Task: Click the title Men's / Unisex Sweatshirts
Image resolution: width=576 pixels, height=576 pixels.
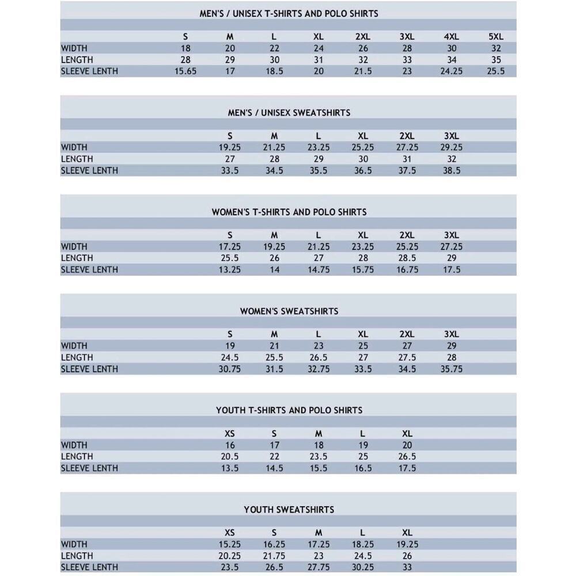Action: pos(289,113)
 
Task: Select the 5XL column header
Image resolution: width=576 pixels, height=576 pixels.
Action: pos(495,37)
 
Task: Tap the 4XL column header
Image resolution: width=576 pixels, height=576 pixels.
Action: pos(451,37)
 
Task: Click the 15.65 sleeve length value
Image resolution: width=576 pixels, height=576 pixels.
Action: pos(185,71)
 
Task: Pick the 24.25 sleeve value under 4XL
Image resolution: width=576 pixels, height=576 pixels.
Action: pos(451,71)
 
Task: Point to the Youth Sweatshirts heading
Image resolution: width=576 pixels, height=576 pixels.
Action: pos(289,510)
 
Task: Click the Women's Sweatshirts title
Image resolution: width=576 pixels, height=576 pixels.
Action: pos(289,311)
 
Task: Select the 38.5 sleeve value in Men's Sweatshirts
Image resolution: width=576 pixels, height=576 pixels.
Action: pos(451,170)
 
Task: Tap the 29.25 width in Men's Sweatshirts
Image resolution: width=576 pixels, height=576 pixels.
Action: pos(451,147)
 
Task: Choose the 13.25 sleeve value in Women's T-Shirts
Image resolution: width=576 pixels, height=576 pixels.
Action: pos(230,270)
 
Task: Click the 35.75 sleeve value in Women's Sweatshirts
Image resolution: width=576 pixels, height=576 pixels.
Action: pos(451,369)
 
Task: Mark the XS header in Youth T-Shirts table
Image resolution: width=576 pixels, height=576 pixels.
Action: pos(230,434)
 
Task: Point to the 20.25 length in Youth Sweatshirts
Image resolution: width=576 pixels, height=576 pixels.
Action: pos(230,556)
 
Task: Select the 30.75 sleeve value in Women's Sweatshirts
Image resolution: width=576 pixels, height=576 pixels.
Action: pos(230,369)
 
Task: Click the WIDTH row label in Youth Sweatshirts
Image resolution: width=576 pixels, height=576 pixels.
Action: pos(74,544)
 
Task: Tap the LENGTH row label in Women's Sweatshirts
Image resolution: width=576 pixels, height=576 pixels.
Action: pos(77,358)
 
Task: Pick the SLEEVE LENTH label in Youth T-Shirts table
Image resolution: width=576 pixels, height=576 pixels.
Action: pos(89,468)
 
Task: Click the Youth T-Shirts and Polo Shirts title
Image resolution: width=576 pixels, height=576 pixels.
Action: pos(289,411)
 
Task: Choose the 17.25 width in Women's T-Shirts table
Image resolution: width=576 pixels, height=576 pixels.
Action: pos(230,247)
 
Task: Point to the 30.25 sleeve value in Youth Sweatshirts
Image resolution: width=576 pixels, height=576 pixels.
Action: pos(363,567)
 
